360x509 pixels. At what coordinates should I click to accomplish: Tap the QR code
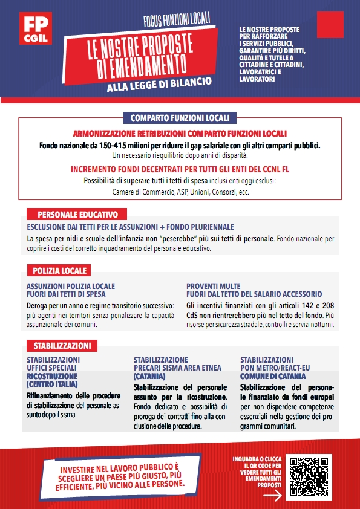[x=308, y=476]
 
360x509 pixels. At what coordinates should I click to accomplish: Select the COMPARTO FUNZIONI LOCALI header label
[x=180, y=117]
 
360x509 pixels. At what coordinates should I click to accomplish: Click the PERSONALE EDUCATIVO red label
[x=77, y=215]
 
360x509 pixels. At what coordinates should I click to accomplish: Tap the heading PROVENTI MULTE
[x=213, y=286]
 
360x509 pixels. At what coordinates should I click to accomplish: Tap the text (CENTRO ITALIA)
[x=52, y=384]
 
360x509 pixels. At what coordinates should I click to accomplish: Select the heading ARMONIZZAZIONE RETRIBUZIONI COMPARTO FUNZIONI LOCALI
[x=180, y=133]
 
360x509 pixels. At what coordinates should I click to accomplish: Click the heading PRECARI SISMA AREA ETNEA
[x=177, y=368]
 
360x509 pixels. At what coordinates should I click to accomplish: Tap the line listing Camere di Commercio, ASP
[x=180, y=192]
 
